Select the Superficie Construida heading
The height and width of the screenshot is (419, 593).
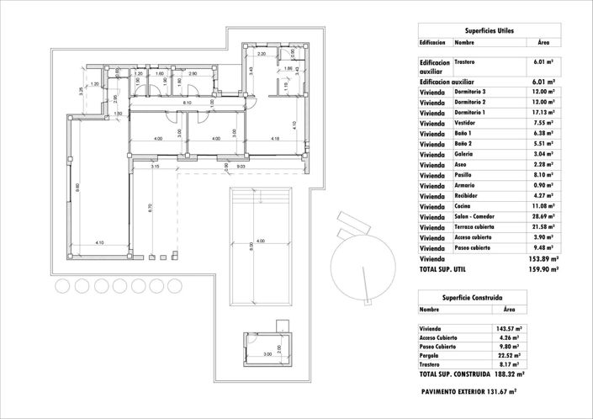coord(473,298)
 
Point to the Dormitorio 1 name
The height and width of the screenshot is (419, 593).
coord(470,113)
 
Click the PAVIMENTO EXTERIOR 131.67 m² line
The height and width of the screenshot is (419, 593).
coord(469,391)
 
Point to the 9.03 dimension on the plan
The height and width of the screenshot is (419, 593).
coord(241,167)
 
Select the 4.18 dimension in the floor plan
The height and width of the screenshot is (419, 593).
coord(275,139)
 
